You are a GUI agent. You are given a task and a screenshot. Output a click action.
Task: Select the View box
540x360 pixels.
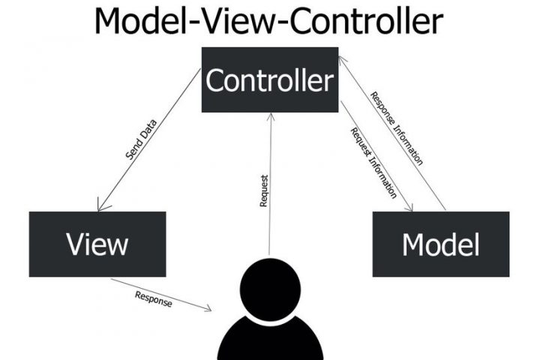(x=97, y=244)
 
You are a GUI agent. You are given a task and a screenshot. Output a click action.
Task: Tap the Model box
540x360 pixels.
(x=440, y=244)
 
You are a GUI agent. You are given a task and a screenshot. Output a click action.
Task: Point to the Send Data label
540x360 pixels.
(x=140, y=142)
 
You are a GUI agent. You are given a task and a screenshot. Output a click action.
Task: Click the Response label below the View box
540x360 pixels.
(x=154, y=298)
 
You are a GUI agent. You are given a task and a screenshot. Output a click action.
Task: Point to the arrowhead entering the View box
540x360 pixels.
(x=100, y=207)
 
